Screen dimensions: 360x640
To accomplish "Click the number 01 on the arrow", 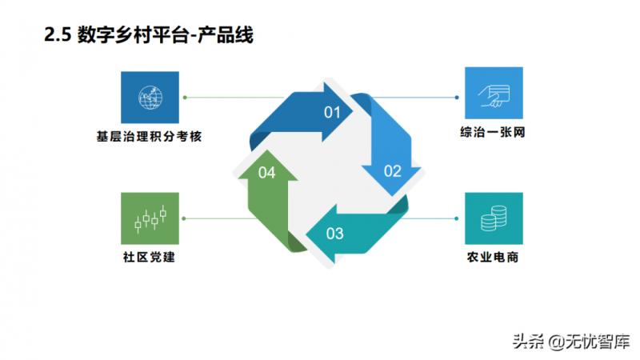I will click(x=332, y=112).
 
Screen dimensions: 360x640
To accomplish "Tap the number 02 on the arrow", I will click(x=392, y=170).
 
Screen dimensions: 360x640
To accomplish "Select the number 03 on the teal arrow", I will click(x=334, y=234).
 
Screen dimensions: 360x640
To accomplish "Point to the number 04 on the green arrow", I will click(x=267, y=173).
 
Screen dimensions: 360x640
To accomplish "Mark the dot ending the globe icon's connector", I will click(x=185, y=98).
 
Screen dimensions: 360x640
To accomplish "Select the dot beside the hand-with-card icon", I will click(x=457, y=98).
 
